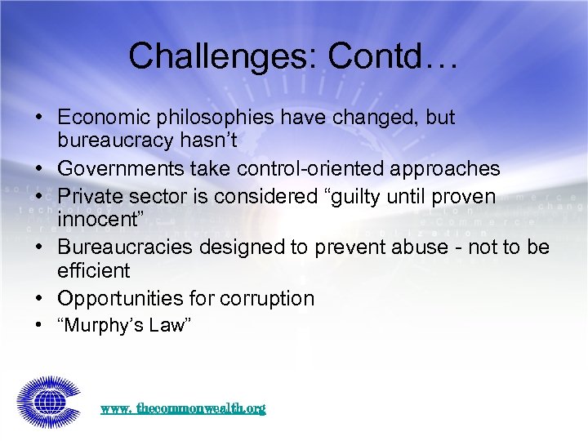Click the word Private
pos(89,197)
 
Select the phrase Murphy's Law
pos(123,326)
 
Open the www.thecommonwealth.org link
pos(183,408)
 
